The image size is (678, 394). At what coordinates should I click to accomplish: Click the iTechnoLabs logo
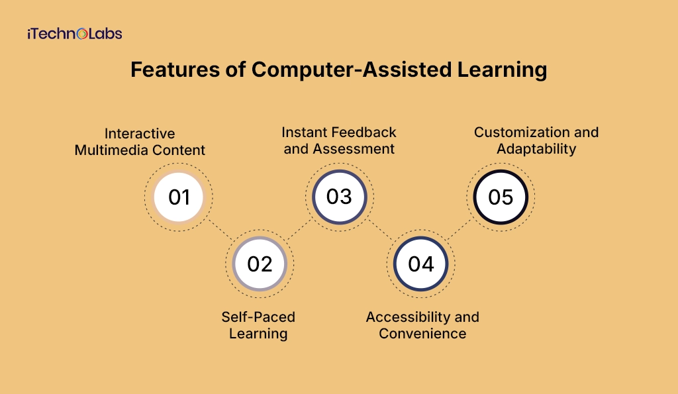tap(75, 34)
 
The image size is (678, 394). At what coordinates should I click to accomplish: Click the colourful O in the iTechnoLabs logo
tap(82, 34)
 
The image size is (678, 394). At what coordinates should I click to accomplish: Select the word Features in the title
tap(175, 70)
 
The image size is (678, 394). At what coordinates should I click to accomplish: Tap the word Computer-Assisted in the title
tap(352, 70)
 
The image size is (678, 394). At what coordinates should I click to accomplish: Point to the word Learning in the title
tap(502, 70)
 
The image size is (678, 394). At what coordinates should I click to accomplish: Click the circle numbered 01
tap(179, 197)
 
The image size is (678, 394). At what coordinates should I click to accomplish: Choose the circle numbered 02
tap(260, 264)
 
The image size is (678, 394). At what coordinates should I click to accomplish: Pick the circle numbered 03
tap(340, 197)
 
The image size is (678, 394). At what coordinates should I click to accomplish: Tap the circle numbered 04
tap(420, 264)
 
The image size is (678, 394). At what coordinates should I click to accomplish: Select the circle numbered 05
tap(501, 197)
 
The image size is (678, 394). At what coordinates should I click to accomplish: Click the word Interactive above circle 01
tap(140, 133)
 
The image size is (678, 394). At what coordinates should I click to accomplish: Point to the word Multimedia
tap(111, 150)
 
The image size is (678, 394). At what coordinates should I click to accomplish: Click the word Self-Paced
tap(258, 317)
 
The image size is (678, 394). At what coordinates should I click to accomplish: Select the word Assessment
tap(354, 148)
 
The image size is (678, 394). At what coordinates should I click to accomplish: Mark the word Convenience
tap(422, 334)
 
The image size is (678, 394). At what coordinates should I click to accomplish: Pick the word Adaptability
tap(536, 149)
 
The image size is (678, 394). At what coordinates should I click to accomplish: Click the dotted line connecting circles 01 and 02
tap(220, 230)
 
